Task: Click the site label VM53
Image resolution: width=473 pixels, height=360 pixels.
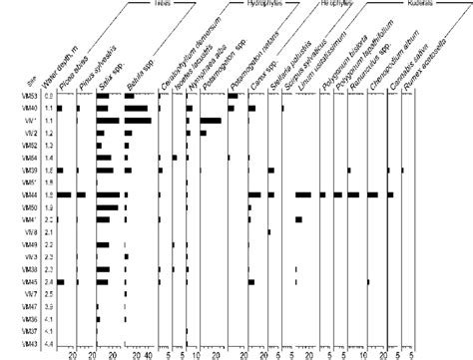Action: coord(30,95)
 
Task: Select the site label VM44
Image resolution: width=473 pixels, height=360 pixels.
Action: coord(30,194)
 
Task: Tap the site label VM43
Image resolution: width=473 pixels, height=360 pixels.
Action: coord(30,344)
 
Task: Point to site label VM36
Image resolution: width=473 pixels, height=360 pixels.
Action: coord(30,319)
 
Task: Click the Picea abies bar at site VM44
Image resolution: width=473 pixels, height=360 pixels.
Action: coord(63,194)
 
